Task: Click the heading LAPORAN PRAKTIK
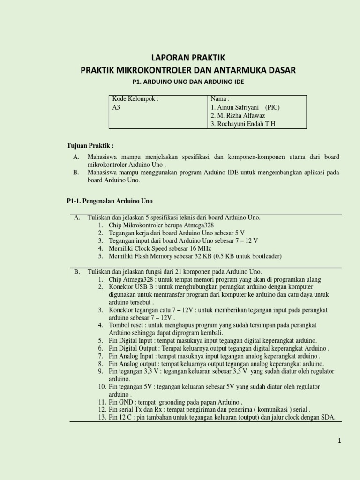click(x=188, y=58)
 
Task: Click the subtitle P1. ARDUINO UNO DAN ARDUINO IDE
click(x=188, y=82)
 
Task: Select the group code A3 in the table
click(x=116, y=107)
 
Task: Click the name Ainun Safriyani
click(x=235, y=107)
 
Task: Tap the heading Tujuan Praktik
click(x=90, y=146)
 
